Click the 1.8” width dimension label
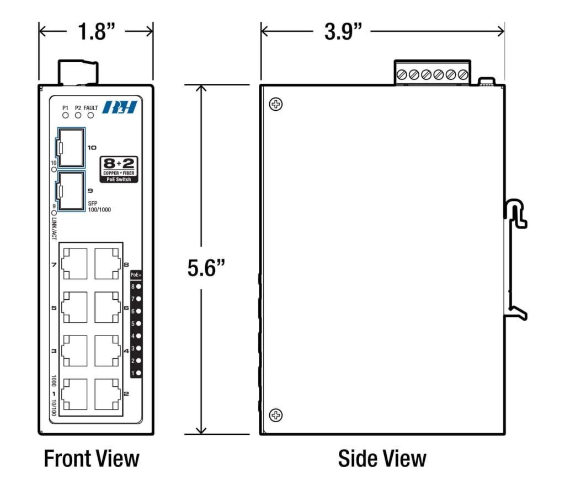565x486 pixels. (96, 31)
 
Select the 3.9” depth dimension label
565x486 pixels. (343, 31)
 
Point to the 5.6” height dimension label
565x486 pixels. (206, 268)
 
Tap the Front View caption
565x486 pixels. (92, 458)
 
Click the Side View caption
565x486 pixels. (382, 458)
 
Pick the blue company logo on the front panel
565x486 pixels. (120, 107)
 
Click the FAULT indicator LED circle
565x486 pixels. (91, 116)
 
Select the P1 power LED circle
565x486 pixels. (65, 116)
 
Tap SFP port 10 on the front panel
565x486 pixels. (71, 148)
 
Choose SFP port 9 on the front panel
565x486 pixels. (71, 191)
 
